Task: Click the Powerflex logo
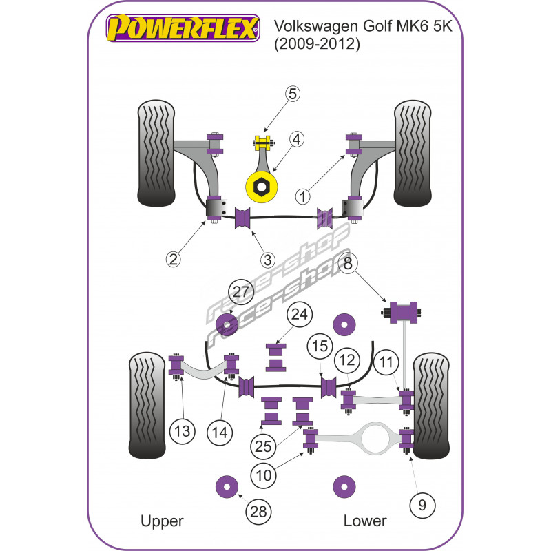(183, 29)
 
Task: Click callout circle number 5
(293, 94)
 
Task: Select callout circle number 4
(297, 140)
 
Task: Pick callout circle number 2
(174, 259)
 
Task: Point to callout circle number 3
(268, 260)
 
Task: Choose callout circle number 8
(349, 262)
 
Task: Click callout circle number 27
(241, 292)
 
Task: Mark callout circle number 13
(181, 433)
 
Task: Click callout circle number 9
(422, 505)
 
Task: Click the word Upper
(162, 521)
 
